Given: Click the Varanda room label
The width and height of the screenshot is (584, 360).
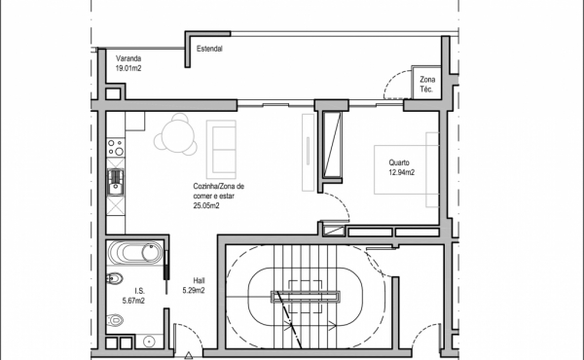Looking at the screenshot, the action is click(128, 58).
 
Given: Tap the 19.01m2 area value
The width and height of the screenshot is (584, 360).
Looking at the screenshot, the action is click(128, 68).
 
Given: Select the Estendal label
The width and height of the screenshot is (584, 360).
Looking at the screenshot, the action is click(209, 49).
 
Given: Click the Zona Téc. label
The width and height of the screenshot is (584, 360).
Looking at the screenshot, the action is click(427, 84).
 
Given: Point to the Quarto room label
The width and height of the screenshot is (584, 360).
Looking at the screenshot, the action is click(399, 162).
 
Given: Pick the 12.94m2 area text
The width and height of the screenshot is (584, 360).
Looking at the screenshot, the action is click(401, 172).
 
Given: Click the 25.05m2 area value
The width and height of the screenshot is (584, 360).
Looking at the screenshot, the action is click(206, 205).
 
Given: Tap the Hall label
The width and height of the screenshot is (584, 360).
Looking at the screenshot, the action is click(199, 281).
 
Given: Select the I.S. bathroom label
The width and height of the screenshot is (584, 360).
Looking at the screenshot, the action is click(139, 291).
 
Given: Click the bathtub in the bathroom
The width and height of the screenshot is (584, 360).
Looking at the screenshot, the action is click(135, 252).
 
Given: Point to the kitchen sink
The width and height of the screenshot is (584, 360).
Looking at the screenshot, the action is click(116, 182).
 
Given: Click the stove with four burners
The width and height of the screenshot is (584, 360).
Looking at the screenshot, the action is click(116, 147).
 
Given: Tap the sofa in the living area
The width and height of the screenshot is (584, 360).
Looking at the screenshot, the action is click(221, 149).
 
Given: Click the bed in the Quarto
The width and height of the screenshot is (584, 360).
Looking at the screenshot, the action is click(406, 169).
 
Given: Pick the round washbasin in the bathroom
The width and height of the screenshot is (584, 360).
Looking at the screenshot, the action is click(149, 341).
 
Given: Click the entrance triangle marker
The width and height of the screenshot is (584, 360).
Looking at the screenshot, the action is click(189, 355).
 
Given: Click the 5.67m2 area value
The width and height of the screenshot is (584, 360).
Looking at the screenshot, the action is click(133, 301).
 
